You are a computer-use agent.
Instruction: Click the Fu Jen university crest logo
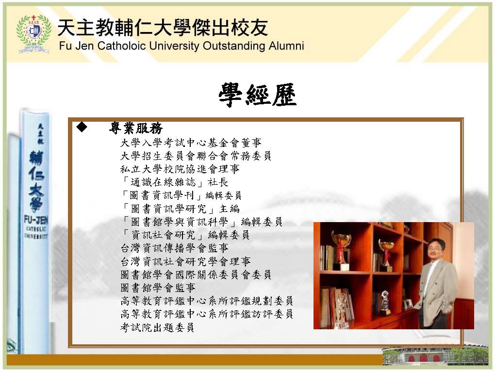click(33, 34)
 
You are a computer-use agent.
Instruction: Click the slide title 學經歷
click(258, 95)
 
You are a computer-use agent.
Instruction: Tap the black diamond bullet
click(82, 127)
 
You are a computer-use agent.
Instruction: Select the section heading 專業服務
click(136, 128)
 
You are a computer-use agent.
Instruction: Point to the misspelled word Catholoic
click(121, 46)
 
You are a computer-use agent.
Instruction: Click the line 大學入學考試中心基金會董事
click(191, 143)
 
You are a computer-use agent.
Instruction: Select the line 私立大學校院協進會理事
click(180, 169)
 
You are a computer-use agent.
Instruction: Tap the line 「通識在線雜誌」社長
click(174, 182)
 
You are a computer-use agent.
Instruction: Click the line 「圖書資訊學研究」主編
click(180, 209)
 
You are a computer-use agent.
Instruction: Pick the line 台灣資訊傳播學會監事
click(174, 248)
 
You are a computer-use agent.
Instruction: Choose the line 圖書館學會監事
click(158, 288)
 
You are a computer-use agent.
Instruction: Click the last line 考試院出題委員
click(157, 327)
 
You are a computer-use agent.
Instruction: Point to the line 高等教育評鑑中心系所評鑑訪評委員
click(207, 314)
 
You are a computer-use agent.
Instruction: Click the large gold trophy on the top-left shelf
click(340, 249)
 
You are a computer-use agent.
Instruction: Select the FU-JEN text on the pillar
click(36, 220)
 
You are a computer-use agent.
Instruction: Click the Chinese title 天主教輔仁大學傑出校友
click(163, 27)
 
